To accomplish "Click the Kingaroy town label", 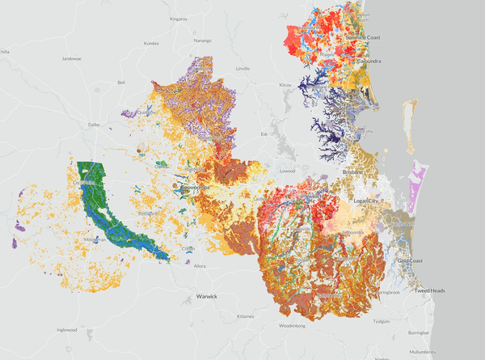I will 178,17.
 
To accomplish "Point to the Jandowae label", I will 73,58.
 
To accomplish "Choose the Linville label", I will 242,69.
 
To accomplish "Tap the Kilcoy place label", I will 285,84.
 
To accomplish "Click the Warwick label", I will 207,297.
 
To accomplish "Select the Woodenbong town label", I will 291,326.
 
